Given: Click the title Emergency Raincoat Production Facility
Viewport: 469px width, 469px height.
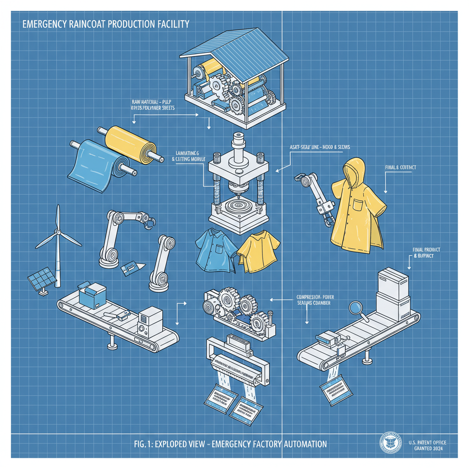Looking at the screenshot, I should [105, 24].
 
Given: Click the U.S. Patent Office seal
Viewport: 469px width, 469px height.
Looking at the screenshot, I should [391, 445].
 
